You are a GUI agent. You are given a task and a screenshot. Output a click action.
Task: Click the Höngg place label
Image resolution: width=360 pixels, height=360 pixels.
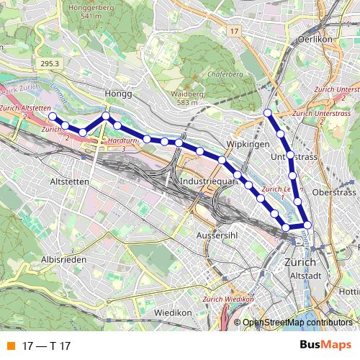(x=118, y=94)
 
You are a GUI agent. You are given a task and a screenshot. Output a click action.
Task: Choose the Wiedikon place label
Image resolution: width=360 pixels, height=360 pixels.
(x=173, y=312)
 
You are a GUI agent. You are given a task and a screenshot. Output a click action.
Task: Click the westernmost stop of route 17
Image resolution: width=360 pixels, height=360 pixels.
(x=52, y=115)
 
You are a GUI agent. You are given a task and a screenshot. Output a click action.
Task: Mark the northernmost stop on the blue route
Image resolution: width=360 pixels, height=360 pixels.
(x=268, y=112)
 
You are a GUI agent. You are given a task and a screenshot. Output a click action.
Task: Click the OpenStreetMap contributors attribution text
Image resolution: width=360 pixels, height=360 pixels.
(x=297, y=323)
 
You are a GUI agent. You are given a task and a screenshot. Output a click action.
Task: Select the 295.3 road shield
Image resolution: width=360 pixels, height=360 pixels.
(x=50, y=63)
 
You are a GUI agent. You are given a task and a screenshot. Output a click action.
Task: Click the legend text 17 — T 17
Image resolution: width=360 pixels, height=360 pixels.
(x=46, y=346)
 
